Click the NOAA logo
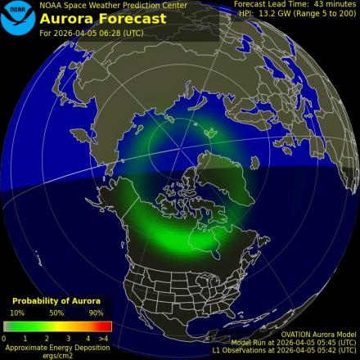(x=19, y=19)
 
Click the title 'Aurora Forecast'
(x=103, y=18)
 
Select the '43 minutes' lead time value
(x=334, y=4)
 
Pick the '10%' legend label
(x=16, y=313)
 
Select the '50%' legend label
(x=56, y=313)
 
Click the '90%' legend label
(x=96, y=313)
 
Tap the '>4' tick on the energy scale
(x=103, y=338)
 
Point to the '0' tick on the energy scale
(x=4, y=338)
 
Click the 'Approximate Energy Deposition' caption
(x=56, y=347)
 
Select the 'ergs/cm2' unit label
(x=56, y=355)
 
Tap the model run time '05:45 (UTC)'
(x=335, y=343)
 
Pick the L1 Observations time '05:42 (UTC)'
(x=335, y=352)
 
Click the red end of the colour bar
(x=105, y=326)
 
